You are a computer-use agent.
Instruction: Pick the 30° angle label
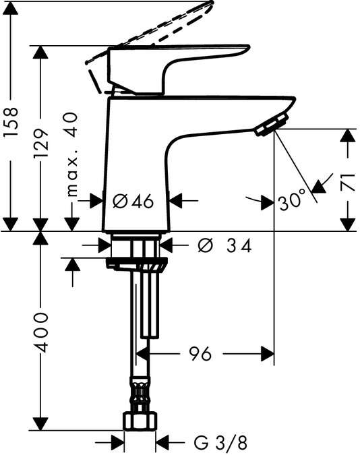pos(291,200)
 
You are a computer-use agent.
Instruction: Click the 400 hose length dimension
pos(42,332)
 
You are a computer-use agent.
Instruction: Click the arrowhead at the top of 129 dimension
pos(42,53)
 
